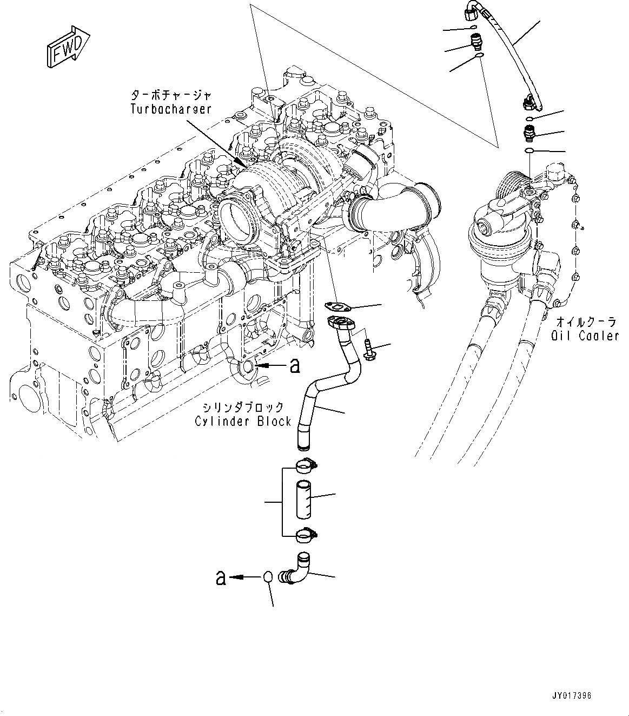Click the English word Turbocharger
point(170,109)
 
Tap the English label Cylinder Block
point(243,421)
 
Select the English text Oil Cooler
point(585,336)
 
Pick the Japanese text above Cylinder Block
point(243,406)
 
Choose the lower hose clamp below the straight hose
point(307,535)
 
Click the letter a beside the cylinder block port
point(294,367)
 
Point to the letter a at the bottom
point(220,578)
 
